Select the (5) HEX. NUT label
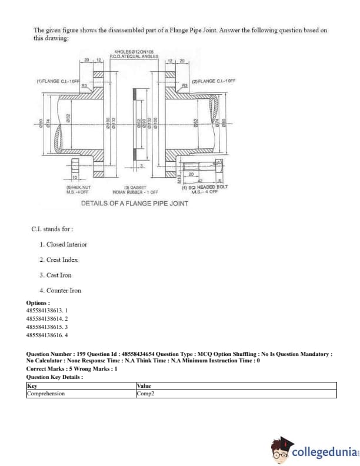78,189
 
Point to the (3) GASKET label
135,189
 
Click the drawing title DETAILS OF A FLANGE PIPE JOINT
135,203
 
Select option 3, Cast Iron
59,275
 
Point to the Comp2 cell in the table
144,393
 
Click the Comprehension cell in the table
46,393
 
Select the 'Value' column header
144,386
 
